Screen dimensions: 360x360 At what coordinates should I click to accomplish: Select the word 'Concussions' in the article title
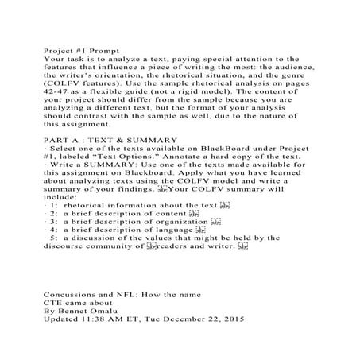coord(75,296)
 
